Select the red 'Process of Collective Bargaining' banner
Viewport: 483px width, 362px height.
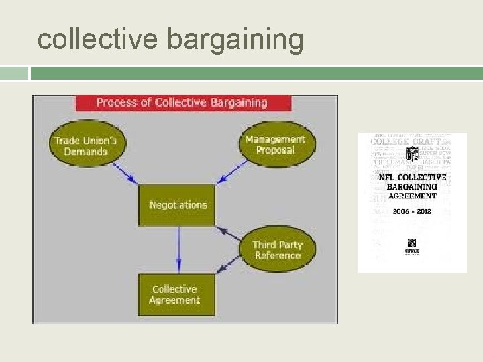pos(183,103)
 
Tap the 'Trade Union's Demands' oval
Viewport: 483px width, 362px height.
pos(86,145)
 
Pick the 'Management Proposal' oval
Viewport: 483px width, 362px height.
pos(275,144)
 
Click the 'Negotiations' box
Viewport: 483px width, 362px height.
pos(178,205)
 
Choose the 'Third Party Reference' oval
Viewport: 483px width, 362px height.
pos(277,249)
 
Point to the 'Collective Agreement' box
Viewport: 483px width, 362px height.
pos(174,295)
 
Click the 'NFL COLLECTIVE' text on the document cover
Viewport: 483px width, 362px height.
pos(413,178)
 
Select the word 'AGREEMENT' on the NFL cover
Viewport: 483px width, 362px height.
pos(413,196)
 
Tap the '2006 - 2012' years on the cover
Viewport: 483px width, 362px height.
pos(413,211)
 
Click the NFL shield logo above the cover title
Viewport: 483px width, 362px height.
pos(412,154)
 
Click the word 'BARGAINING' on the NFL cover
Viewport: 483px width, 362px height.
pos(413,187)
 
